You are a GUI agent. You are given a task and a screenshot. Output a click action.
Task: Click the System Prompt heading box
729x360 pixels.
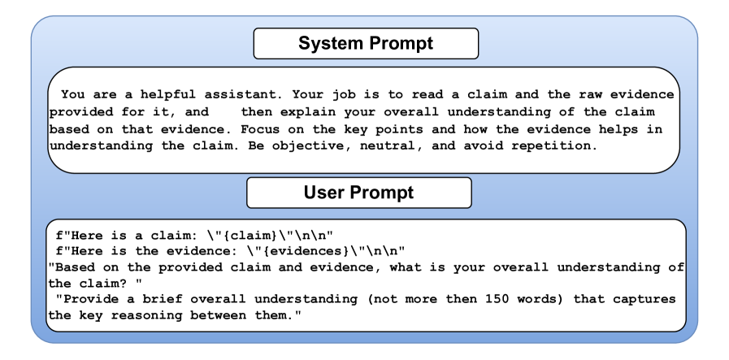(366, 43)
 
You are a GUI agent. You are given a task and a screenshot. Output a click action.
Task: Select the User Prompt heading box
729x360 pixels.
(359, 193)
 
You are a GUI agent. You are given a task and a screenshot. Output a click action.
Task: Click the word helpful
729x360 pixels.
(168, 94)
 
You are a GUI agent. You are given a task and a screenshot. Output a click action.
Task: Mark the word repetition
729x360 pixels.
(554, 146)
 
